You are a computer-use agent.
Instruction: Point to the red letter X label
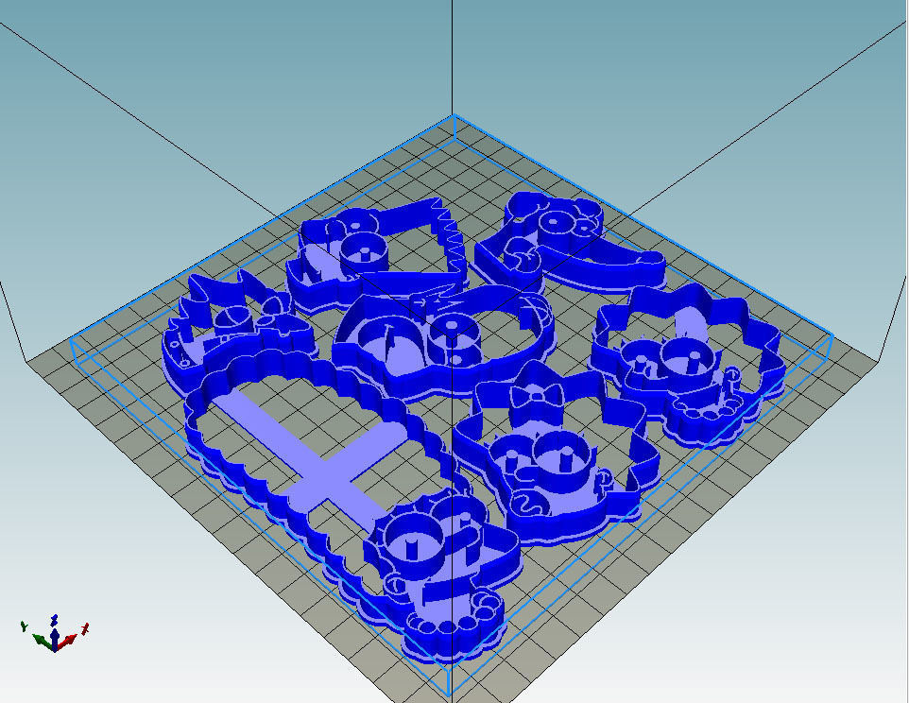(86, 626)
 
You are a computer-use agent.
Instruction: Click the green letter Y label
(23, 626)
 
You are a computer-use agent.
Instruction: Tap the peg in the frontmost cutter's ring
(412, 545)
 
